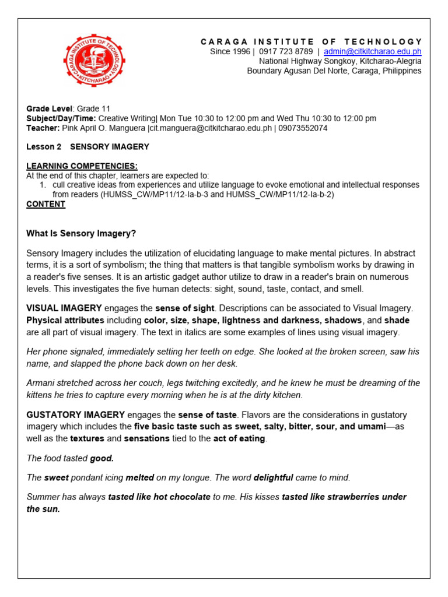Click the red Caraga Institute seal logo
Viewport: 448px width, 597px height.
tap(94, 61)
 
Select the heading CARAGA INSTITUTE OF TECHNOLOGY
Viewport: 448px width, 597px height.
tap(311, 41)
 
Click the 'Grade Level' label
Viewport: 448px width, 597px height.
tap(49, 108)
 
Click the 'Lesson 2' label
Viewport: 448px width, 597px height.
tap(44, 147)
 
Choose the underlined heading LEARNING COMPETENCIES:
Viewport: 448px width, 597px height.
tap(82, 166)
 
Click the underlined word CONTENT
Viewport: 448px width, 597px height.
tap(45, 204)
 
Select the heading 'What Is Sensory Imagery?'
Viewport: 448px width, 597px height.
tap(81, 233)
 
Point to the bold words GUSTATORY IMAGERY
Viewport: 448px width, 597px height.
tap(75, 415)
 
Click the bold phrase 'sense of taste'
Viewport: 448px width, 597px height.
tap(208, 415)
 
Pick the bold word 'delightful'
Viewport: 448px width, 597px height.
tap(273, 477)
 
